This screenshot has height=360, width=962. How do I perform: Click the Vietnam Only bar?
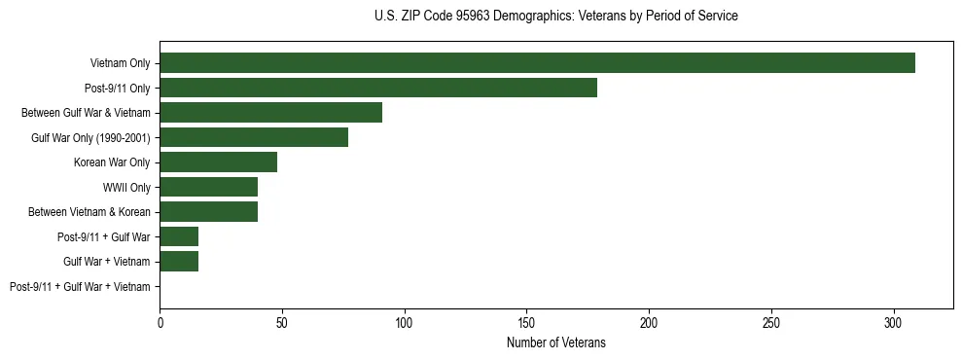pyautogui.click(x=537, y=63)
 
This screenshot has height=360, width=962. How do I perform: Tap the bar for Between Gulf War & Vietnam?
pyautogui.click(x=270, y=113)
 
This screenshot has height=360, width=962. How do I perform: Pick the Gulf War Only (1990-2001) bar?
pyautogui.click(x=253, y=137)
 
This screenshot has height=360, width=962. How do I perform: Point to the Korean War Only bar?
pyautogui.click(x=218, y=162)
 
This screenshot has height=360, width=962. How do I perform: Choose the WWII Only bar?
pyautogui.click(x=208, y=187)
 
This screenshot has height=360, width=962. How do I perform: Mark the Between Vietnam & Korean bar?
pyautogui.click(x=208, y=212)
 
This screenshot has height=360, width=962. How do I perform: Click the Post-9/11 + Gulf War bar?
pyautogui.click(x=179, y=236)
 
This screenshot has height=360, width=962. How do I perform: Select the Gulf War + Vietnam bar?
pyautogui.click(x=179, y=262)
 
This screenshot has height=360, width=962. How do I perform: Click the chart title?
pyautogui.click(x=555, y=17)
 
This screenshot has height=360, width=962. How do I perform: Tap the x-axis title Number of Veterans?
pyautogui.click(x=555, y=342)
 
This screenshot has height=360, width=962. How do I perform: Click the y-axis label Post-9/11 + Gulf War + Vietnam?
pyautogui.click(x=80, y=287)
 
